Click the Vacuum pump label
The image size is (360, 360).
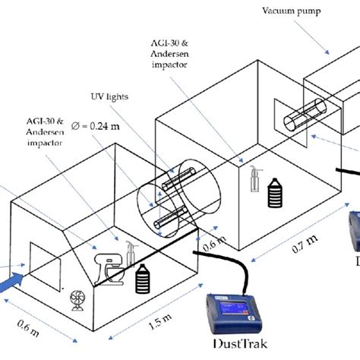(291, 11)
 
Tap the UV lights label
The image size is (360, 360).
(109, 96)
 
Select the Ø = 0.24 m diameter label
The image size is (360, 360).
(96, 126)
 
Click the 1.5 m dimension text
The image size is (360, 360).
(160, 321)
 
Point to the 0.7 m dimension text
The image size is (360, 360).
(305, 244)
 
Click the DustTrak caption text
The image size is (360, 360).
(240, 344)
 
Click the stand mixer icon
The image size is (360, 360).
(109, 269)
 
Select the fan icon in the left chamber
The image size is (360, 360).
(77, 301)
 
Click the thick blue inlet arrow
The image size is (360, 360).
(11, 283)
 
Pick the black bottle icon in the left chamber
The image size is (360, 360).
(143, 279)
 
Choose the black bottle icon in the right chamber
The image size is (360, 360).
(275, 193)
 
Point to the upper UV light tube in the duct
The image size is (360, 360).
(178, 179)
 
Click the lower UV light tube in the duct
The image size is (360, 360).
(170, 217)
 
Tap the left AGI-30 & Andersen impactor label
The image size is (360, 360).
(45, 132)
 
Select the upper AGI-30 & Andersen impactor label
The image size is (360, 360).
(169, 54)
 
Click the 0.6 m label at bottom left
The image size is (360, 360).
(28, 328)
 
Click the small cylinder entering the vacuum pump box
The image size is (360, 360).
(305, 115)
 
